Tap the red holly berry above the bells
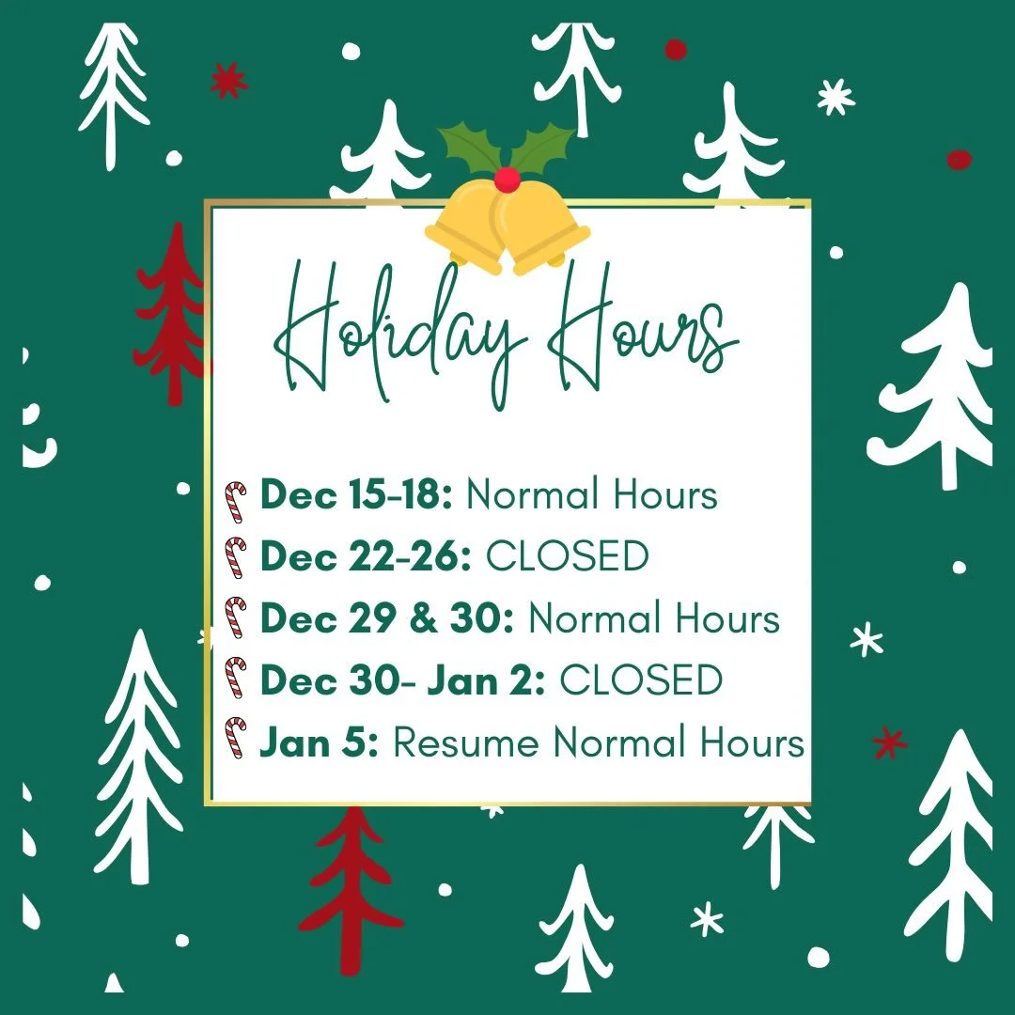click(x=507, y=179)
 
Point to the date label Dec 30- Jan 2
click(x=402, y=680)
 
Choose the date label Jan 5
click(x=320, y=742)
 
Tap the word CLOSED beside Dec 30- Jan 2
click(x=641, y=680)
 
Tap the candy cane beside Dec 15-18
click(x=235, y=500)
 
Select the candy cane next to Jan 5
click(x=235, y=739)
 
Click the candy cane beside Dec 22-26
click(x=235, y=558)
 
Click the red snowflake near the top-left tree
click(x=228, y=81)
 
